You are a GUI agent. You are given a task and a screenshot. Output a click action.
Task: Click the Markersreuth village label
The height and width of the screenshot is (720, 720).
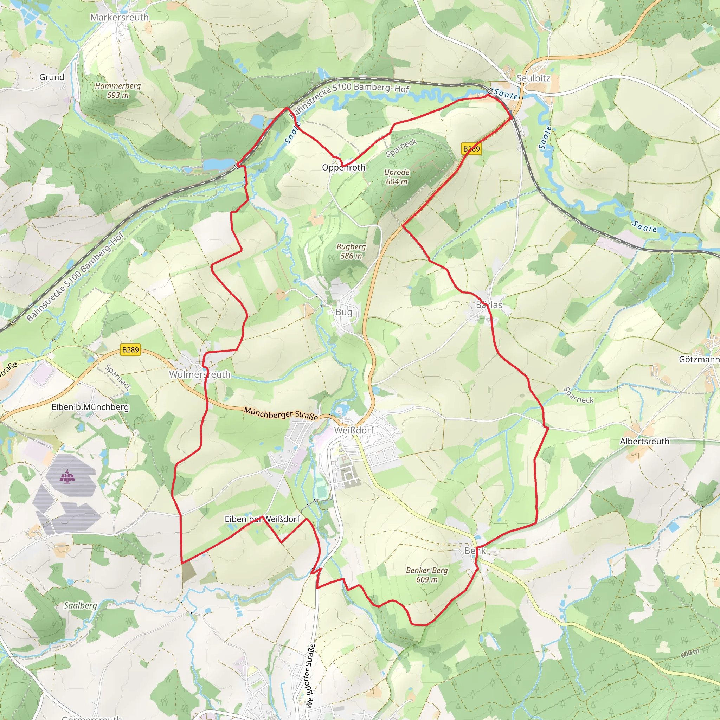119,17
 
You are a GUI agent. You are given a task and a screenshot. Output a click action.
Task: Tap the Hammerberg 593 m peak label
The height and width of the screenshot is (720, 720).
118,90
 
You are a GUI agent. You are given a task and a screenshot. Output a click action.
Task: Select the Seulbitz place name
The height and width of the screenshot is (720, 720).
533,78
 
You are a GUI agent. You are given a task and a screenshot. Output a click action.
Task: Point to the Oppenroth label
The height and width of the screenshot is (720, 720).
343,168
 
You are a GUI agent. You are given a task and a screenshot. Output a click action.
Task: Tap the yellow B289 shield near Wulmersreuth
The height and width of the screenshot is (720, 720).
130,349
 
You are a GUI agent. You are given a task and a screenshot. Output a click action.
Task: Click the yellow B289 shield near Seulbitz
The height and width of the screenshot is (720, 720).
471,149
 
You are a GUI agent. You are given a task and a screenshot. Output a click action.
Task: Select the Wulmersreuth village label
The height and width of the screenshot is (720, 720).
200,374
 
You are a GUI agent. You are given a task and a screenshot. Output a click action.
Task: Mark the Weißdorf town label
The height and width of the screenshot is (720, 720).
354,430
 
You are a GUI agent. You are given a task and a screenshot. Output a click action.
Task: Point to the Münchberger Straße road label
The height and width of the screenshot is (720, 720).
281,413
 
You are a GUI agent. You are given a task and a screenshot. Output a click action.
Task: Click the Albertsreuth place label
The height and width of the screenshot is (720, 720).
644,441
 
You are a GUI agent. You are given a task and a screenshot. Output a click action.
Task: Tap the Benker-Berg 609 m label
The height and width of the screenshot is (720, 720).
427,575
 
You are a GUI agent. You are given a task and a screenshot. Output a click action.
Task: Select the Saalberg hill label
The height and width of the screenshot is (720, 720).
80,606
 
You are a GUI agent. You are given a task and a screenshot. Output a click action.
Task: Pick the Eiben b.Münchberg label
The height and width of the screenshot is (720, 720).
90,407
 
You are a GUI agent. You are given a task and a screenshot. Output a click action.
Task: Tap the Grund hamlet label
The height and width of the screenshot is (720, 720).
52,77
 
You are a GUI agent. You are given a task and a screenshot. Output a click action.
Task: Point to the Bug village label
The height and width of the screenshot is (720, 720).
343,312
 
